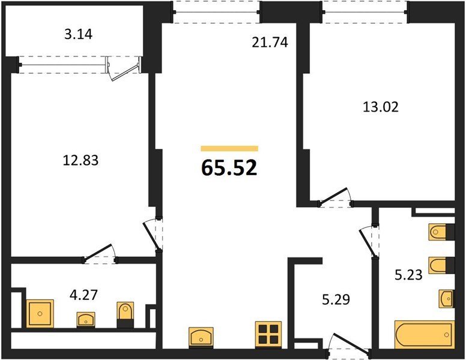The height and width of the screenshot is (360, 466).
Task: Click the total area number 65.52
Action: [x=229, y=168]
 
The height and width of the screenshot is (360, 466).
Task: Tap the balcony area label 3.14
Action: [x=79, y=34]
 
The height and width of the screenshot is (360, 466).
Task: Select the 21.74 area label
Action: [x=270, y=43]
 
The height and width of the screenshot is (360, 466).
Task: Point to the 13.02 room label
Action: [x=381, y=107]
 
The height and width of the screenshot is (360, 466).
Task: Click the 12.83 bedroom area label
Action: [x=80, y=160]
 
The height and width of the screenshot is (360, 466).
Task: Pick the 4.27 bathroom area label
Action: [x=83, y=295]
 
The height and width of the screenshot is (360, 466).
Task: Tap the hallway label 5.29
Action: [x=336, y=300]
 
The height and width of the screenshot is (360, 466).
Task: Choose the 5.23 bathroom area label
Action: [x=408, y=275]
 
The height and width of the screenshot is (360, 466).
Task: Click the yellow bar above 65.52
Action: [x=229, y=149]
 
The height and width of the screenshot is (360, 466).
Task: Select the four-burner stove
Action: [x=268, y=334]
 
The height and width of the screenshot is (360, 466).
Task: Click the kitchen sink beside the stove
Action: [x=201, y=337]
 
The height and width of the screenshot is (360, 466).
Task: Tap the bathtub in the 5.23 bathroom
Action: [x=425, y=334]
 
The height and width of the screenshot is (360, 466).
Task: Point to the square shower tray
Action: [x=40, y=313]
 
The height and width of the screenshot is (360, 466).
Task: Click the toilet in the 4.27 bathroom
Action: [x=125, y=314]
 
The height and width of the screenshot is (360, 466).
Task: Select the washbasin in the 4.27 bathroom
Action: [x=86, y=320]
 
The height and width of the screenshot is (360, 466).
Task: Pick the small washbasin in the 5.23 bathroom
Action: [x=447, y=298]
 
